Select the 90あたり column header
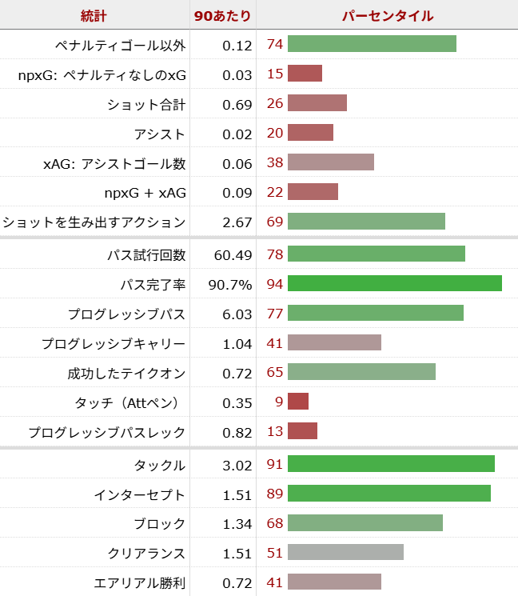click(x=223, y=15)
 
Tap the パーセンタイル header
click(x=387, y=15)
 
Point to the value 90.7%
click(x=230, y=284)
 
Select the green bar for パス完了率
click(x=394, y=284)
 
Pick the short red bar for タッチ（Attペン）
click(x=297, y=402)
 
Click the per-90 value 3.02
click(x=237, y=465)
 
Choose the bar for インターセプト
click(x=388, y=494)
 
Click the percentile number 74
click(x=275, y=44)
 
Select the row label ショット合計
click(x=146, y=104)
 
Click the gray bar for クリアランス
click(x=345, y=553)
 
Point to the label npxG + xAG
click(x=145, y=193)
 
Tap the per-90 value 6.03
click(x=237, y=314)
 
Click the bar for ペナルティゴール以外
click(x=372, y=44)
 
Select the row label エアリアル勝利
click(x=140, y=582)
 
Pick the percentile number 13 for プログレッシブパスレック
click(x=275, y=432)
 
